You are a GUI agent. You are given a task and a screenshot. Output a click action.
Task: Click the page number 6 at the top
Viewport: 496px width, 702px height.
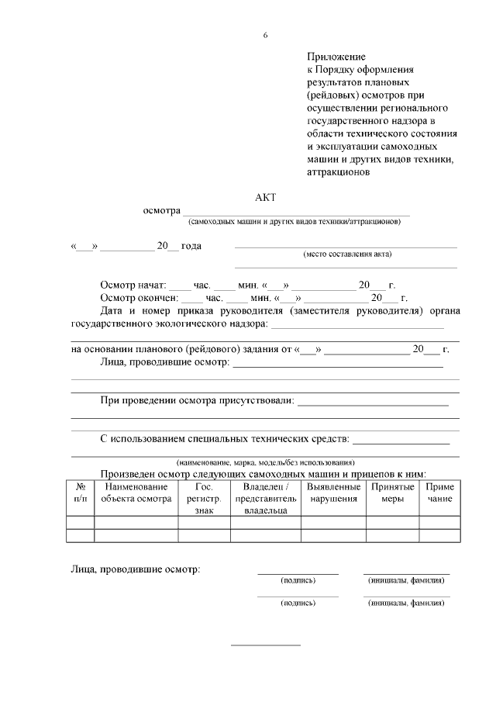(265, 35)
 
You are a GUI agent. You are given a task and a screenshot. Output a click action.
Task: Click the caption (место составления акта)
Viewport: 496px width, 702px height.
(347, 254)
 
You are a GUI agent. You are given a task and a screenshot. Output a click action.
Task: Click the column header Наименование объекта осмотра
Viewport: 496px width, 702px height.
(136, 493)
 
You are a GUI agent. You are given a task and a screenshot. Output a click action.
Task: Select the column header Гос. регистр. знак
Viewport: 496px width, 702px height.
(204, 499)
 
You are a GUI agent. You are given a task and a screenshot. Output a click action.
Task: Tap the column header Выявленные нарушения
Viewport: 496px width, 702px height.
(333, 493)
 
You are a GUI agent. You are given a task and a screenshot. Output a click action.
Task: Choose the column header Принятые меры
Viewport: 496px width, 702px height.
(392, 493)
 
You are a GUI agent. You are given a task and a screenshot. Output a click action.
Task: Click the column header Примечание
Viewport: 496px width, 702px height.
(439, 493)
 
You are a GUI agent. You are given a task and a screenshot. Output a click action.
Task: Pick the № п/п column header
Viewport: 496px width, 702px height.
(81, 493)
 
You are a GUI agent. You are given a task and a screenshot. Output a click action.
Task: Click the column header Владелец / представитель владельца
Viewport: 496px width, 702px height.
(266, 499)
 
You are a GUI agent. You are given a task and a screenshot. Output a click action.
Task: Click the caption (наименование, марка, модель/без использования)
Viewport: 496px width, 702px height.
(265, 462)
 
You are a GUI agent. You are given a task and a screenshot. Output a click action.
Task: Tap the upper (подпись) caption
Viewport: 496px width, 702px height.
(298, 580)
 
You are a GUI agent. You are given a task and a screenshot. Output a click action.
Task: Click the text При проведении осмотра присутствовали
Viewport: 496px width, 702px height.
(197, 400)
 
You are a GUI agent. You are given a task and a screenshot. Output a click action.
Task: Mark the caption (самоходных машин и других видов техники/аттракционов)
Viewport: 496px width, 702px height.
(294, 221)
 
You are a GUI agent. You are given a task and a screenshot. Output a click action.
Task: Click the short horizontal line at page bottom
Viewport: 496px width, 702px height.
(266, 645)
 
